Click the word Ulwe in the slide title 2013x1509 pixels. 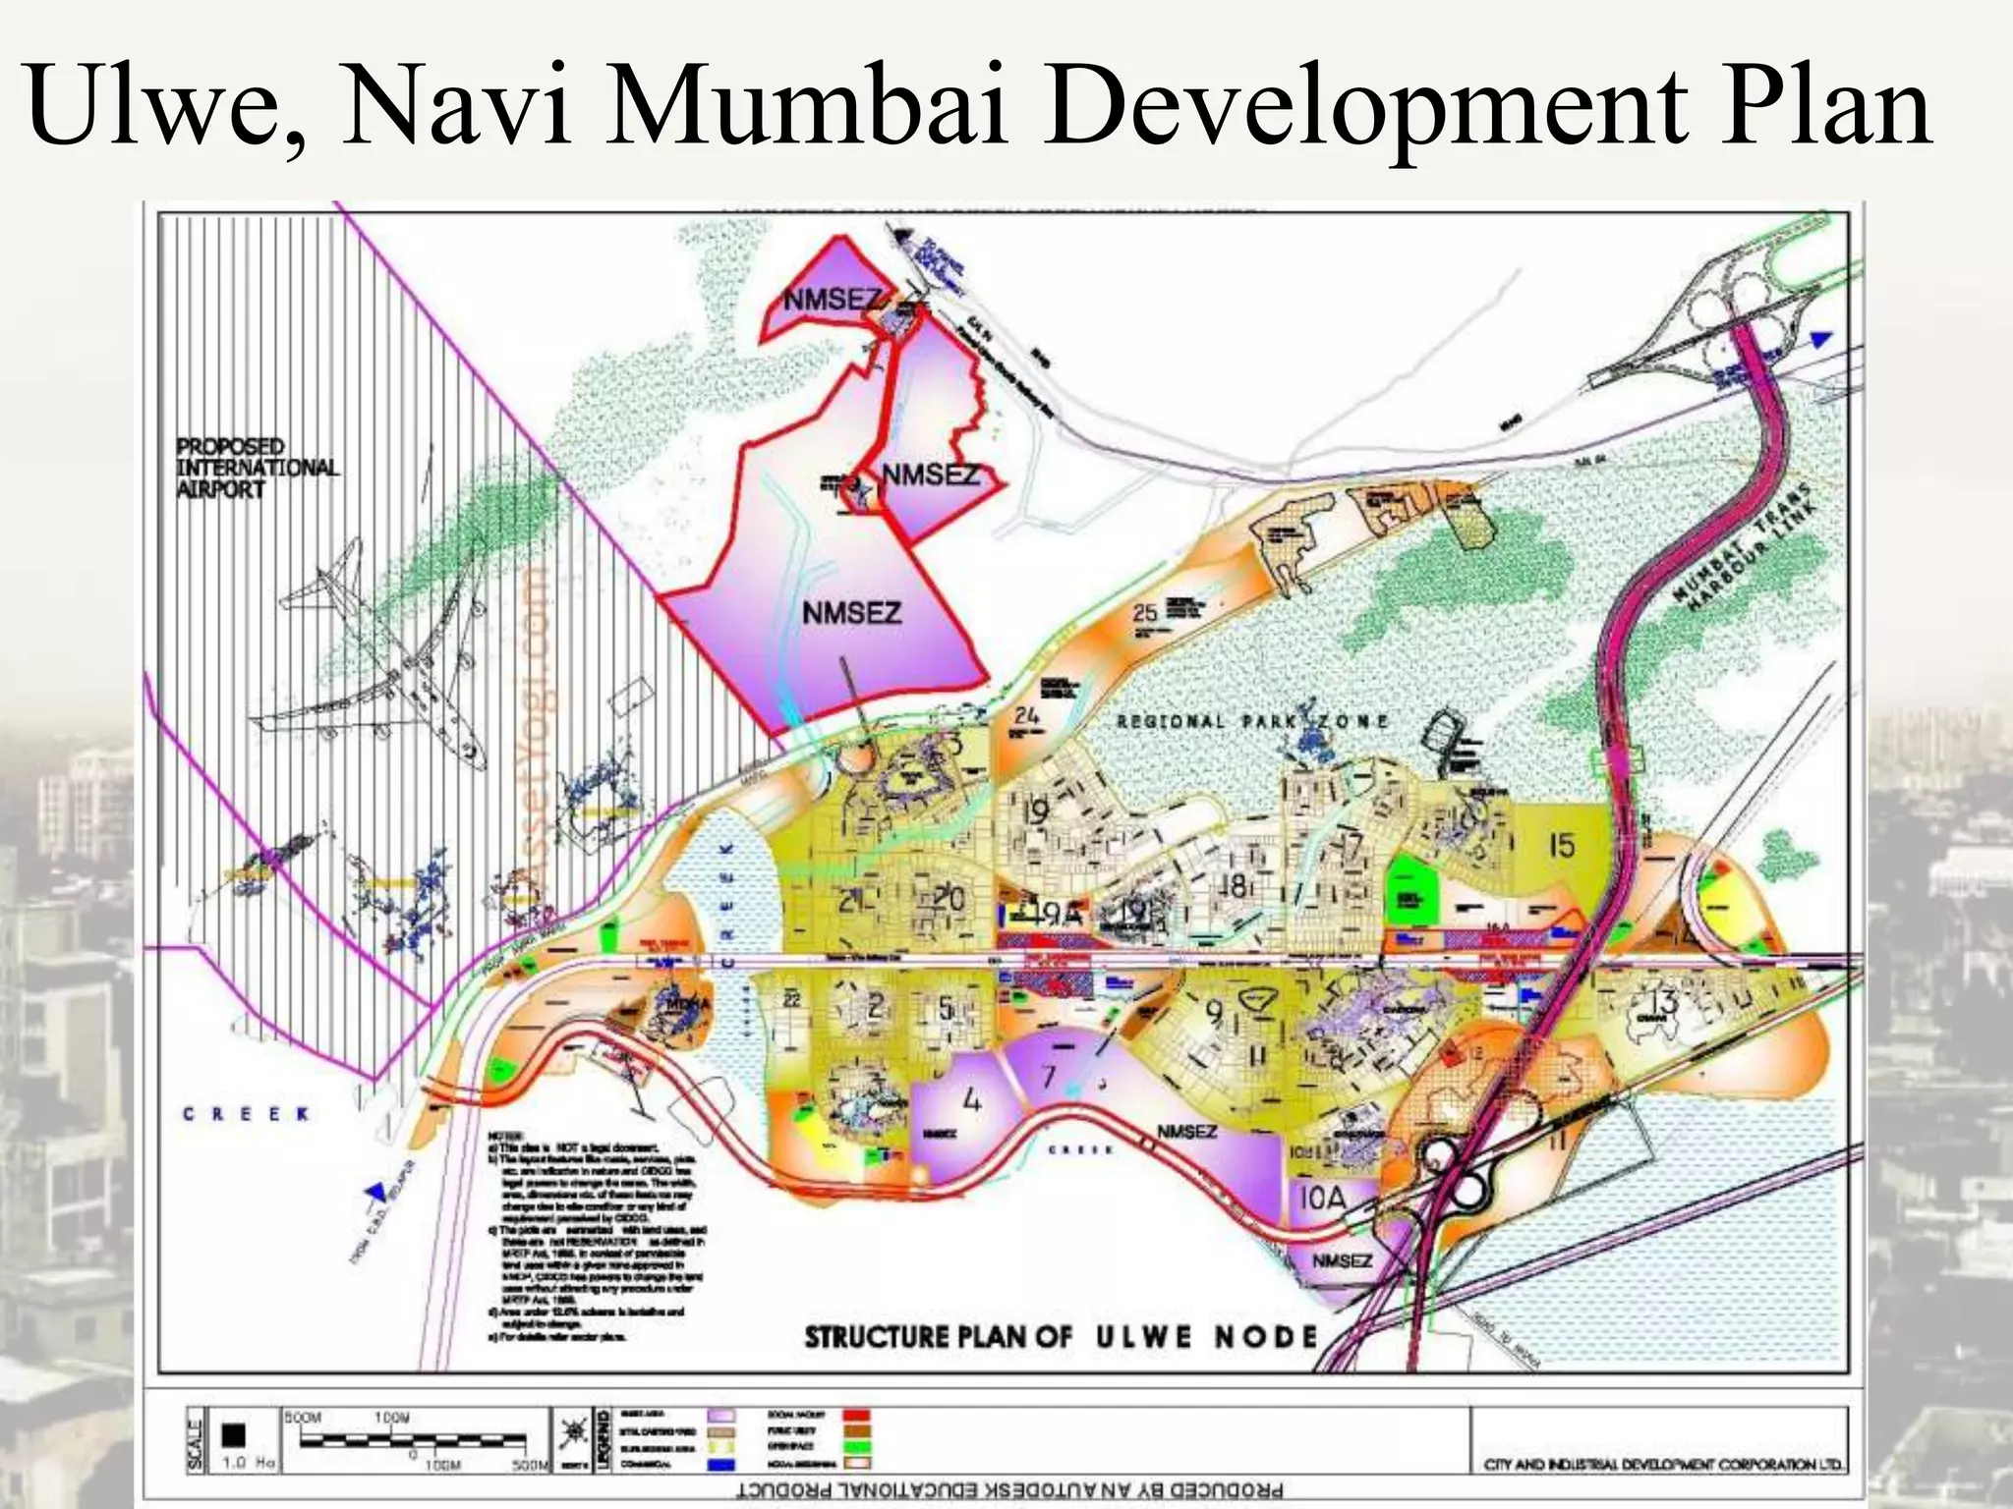tap(157, 104)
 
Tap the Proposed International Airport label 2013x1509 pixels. tap(257, 468)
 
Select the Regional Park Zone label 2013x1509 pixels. tap(1252, 721)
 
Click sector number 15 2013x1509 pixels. tap(1561, 845)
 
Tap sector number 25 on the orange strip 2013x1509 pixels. tap(1145, 613)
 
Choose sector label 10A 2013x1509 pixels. tap(1323, 1199)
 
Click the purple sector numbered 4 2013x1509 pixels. tap(971, 1100)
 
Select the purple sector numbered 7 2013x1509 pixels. tap(1050, 1076)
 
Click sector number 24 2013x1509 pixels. tap(1026, 715)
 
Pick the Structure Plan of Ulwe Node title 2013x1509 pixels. tap(1061, 1337)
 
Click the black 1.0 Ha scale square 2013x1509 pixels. tap(233, 1435)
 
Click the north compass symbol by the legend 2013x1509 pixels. tap(573, 1435)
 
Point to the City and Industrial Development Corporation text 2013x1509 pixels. tap(1663, 1465)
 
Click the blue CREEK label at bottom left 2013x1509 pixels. tap(246, 1114)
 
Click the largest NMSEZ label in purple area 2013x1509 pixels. tap(851, 613)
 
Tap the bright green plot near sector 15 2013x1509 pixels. tap(1410, 888)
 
